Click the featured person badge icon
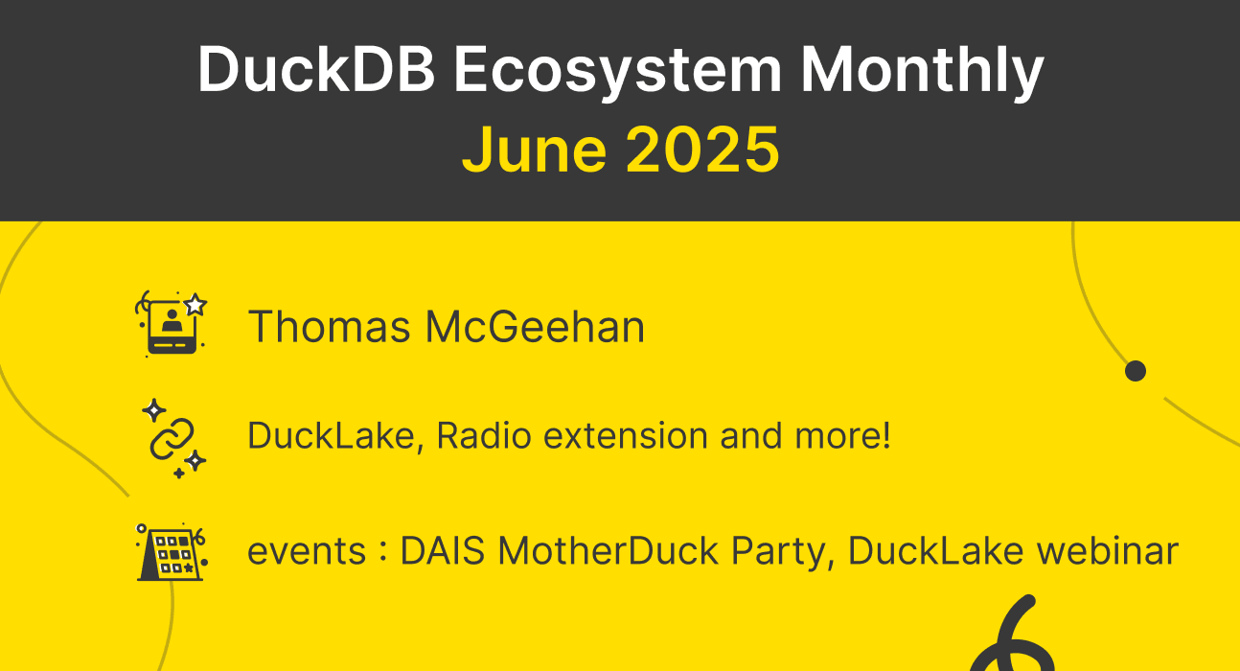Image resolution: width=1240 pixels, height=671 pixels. tap(172, 324)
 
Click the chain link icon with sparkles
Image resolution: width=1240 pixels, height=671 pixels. tap(172, 438)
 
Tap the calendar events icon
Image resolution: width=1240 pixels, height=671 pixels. tap(172, 552)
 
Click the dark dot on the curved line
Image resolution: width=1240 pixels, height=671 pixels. tap(1136, 371)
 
